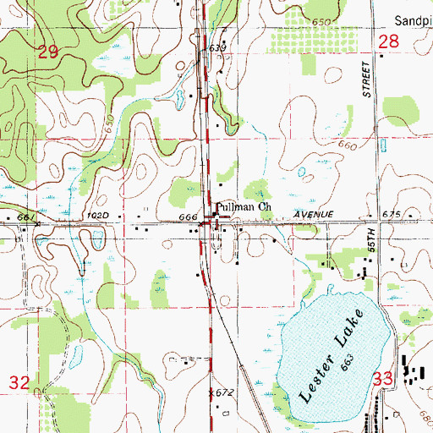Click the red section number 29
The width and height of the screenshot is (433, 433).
click(49, 52)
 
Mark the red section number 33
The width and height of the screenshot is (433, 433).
click(386, 381)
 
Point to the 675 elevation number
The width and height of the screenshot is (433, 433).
click(391, 216)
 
